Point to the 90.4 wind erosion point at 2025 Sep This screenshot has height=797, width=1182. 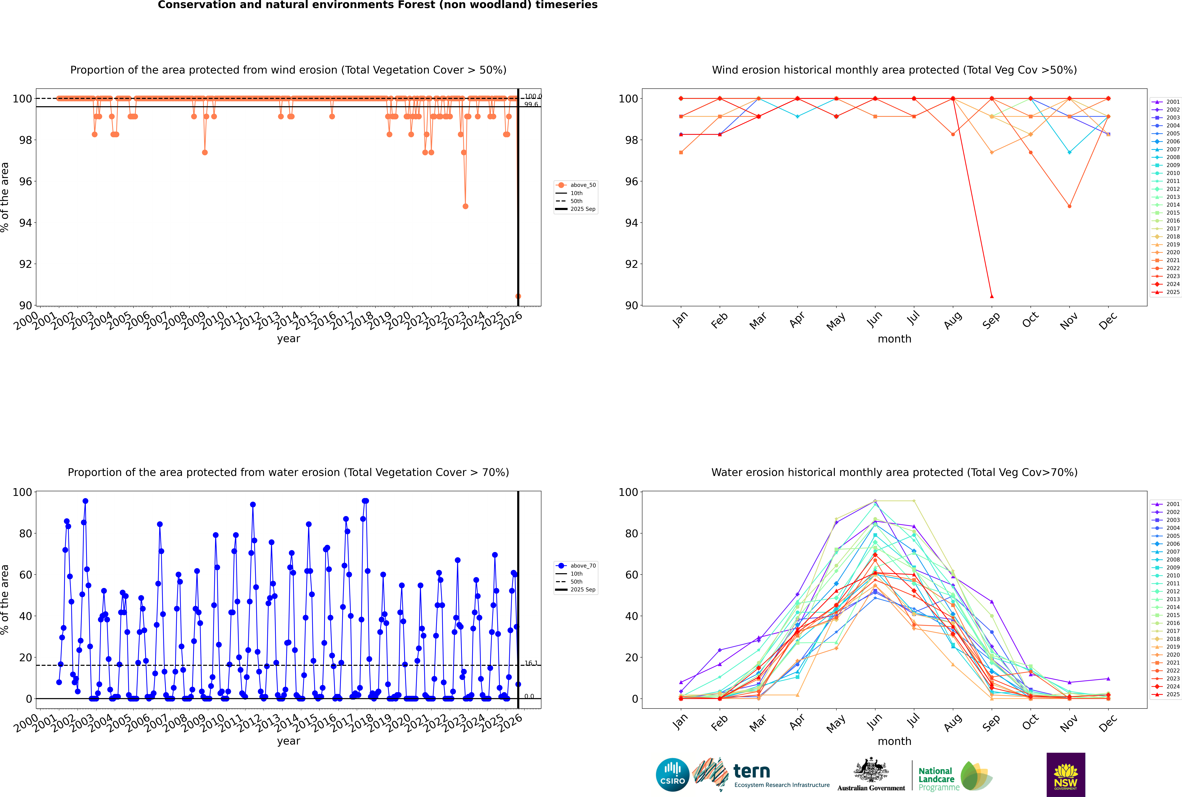click(518, 296)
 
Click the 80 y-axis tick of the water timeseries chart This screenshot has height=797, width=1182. click(25, 534)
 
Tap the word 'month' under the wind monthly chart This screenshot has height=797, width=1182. click(894, 339)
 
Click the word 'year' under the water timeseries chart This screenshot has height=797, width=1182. click(289, 741)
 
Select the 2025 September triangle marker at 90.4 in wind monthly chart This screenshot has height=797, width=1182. click(991, 296)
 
